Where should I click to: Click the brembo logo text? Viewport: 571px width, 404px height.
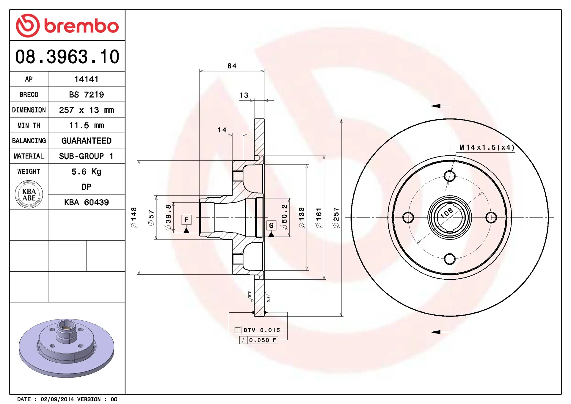[x=81, y=26]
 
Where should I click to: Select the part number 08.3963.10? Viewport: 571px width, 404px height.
[x=67, y=57]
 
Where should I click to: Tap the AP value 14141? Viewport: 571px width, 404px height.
[x=86, y=79]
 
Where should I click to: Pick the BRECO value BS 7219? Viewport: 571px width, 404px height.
[x=86, y=95]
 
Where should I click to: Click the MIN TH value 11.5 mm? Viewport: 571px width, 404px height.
[x=86, y=126]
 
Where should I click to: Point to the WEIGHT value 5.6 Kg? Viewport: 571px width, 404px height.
[x=86, y=172]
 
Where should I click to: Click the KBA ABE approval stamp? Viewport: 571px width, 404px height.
[x=29, y=195]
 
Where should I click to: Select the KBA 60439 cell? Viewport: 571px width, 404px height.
[x=86, y=202]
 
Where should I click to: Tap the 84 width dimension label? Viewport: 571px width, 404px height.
[x=232, y=66]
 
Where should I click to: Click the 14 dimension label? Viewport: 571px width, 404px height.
[x=222, y=130]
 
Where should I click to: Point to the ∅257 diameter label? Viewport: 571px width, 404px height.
[x=336, y=218]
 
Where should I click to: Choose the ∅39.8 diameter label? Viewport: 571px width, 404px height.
[x=168, y=217]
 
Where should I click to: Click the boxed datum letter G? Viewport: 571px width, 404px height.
[x=271, y=226]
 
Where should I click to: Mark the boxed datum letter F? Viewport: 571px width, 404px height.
[x=186, y=220]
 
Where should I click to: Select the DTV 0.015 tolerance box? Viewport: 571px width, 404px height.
[x=258, y=330]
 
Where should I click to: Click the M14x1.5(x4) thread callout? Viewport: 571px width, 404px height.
[x=487, y=148]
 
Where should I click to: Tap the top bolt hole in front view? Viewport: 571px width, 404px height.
[x=449, y=176]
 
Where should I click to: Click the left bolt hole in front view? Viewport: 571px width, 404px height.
[x=408, y=217]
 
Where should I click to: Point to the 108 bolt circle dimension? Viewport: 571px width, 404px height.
[x=447, y=213]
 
